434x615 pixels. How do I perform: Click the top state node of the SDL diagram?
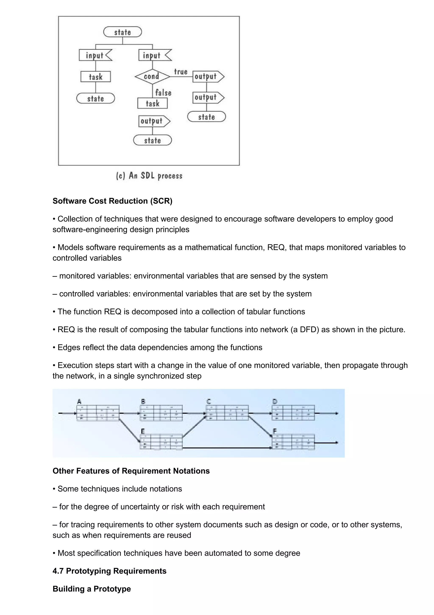pos(122,32)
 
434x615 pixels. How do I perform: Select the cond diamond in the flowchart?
pos(152,77)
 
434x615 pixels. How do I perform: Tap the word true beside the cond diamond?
pos(181,72)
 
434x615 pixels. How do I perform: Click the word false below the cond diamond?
pos(163,93)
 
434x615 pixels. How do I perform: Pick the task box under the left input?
pos(95,77)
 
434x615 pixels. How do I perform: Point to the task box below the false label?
pos(152,103)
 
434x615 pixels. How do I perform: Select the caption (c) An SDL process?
pos(149,176)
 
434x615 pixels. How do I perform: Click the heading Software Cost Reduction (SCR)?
pos(112,201)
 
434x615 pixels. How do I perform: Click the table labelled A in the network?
pos(98,413)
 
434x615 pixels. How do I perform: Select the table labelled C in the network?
pos(227,413)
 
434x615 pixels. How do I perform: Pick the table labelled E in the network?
pos(161,442)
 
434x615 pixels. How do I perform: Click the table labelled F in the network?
pos(293,442)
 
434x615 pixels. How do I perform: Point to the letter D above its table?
pos(275,401)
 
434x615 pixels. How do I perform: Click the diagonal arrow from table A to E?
pos(130,431)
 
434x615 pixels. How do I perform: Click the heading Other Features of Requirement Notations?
pos(131,471)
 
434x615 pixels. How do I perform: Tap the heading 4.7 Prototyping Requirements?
pos(109,571)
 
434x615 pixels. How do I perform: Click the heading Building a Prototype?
pos(92,589)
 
